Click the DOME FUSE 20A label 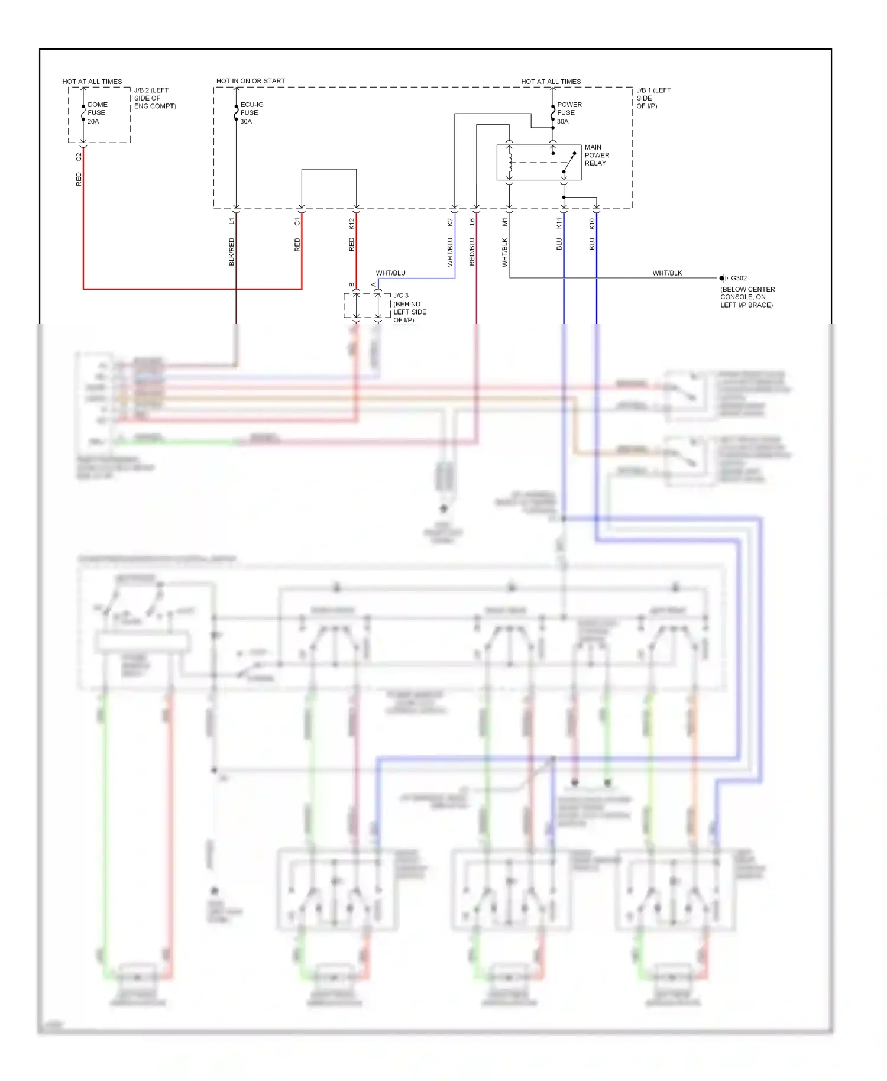[x=97, y=113]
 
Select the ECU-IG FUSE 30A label [x=251, y=113]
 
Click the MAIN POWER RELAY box [x=539, y=163]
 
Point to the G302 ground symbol [x=723, y=278]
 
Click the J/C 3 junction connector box [x=367, y=306]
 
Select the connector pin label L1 [x=232, y=221]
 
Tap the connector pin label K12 [x=352, y=224]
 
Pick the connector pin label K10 [x=592, y=224]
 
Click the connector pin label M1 [x=505, y=222]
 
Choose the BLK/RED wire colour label [x=232, y=251]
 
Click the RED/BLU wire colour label [x=472, y=251]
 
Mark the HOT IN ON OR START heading [x=250, y=81]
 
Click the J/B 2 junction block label [x=154, y=98]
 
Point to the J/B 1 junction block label [x=653, y=98]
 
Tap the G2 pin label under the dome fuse [x=79, y=157]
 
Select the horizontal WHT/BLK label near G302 [x=667, y=273]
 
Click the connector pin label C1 [x=297, y=222]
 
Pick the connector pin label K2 [x=450, y=222]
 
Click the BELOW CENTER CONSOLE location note [x=747, y=297]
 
